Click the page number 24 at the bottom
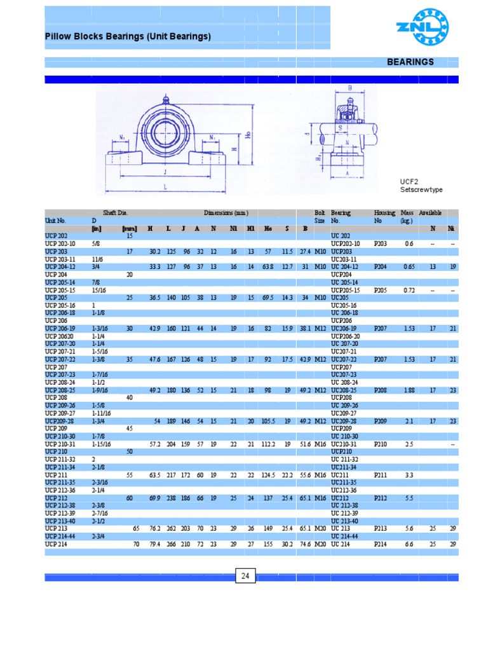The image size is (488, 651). (244, 577)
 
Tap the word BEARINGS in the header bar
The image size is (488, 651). (410, 62)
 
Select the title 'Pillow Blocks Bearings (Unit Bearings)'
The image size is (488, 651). (128, 37)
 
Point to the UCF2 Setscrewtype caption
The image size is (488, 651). (421, 186)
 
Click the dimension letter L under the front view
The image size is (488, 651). (166, 187)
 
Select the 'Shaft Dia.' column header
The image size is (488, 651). (116, 213)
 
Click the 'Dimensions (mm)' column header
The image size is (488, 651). (226, 213)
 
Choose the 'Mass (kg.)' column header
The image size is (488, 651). (407, 217)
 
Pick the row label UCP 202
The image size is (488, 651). (57, 236)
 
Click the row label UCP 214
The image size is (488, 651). (56, 544)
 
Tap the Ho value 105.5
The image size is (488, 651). (269, 421)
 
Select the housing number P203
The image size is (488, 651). (380, 243)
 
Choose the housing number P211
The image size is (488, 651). (380, 475)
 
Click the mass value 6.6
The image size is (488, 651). (409, 544)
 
